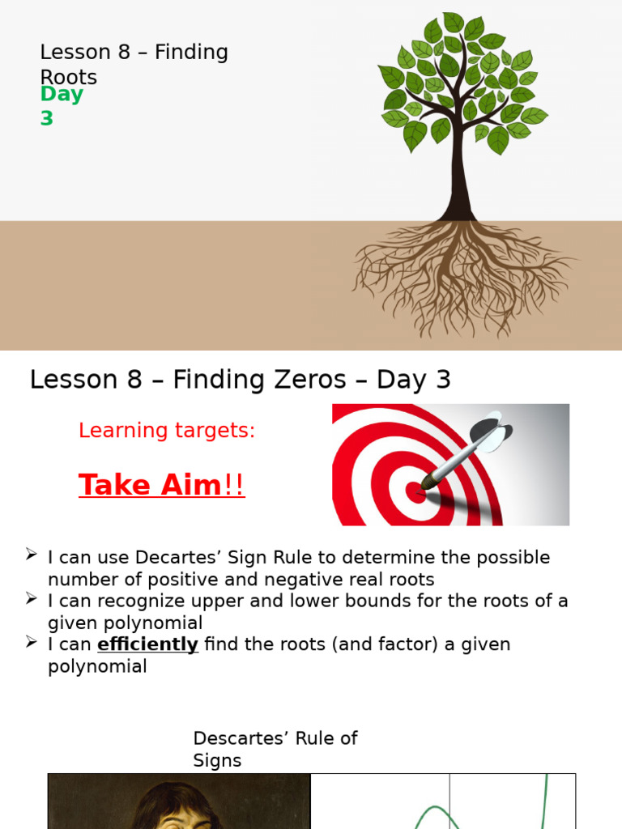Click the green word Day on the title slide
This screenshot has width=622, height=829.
(x=62, y=95)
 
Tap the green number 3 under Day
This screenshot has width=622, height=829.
(x=47, y=118)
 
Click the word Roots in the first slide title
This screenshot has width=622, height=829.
(x=69, y=78)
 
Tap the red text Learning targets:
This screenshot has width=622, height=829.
(x=167, y=431)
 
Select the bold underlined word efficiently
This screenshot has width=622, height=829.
(x=147, y=644)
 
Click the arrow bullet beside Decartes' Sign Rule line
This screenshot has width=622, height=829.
(x=31, y=555)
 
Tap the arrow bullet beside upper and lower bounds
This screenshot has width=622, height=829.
(x=31, y=599)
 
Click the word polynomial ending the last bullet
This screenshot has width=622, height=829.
(x=97, y=667)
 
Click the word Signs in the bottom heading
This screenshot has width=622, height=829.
(x=217, y=761)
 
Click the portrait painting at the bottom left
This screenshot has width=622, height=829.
(x=179, y=801)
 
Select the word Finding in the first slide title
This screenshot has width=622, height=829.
(x=191, y=53)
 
